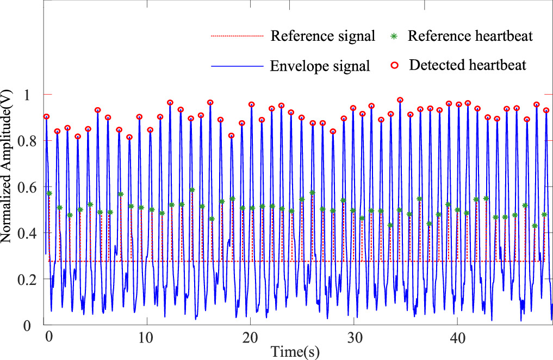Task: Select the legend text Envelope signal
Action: (320, 66)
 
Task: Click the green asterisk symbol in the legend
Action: (395, 37)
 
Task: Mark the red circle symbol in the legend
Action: (395, 66)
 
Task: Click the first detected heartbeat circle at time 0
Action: (47, 116)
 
